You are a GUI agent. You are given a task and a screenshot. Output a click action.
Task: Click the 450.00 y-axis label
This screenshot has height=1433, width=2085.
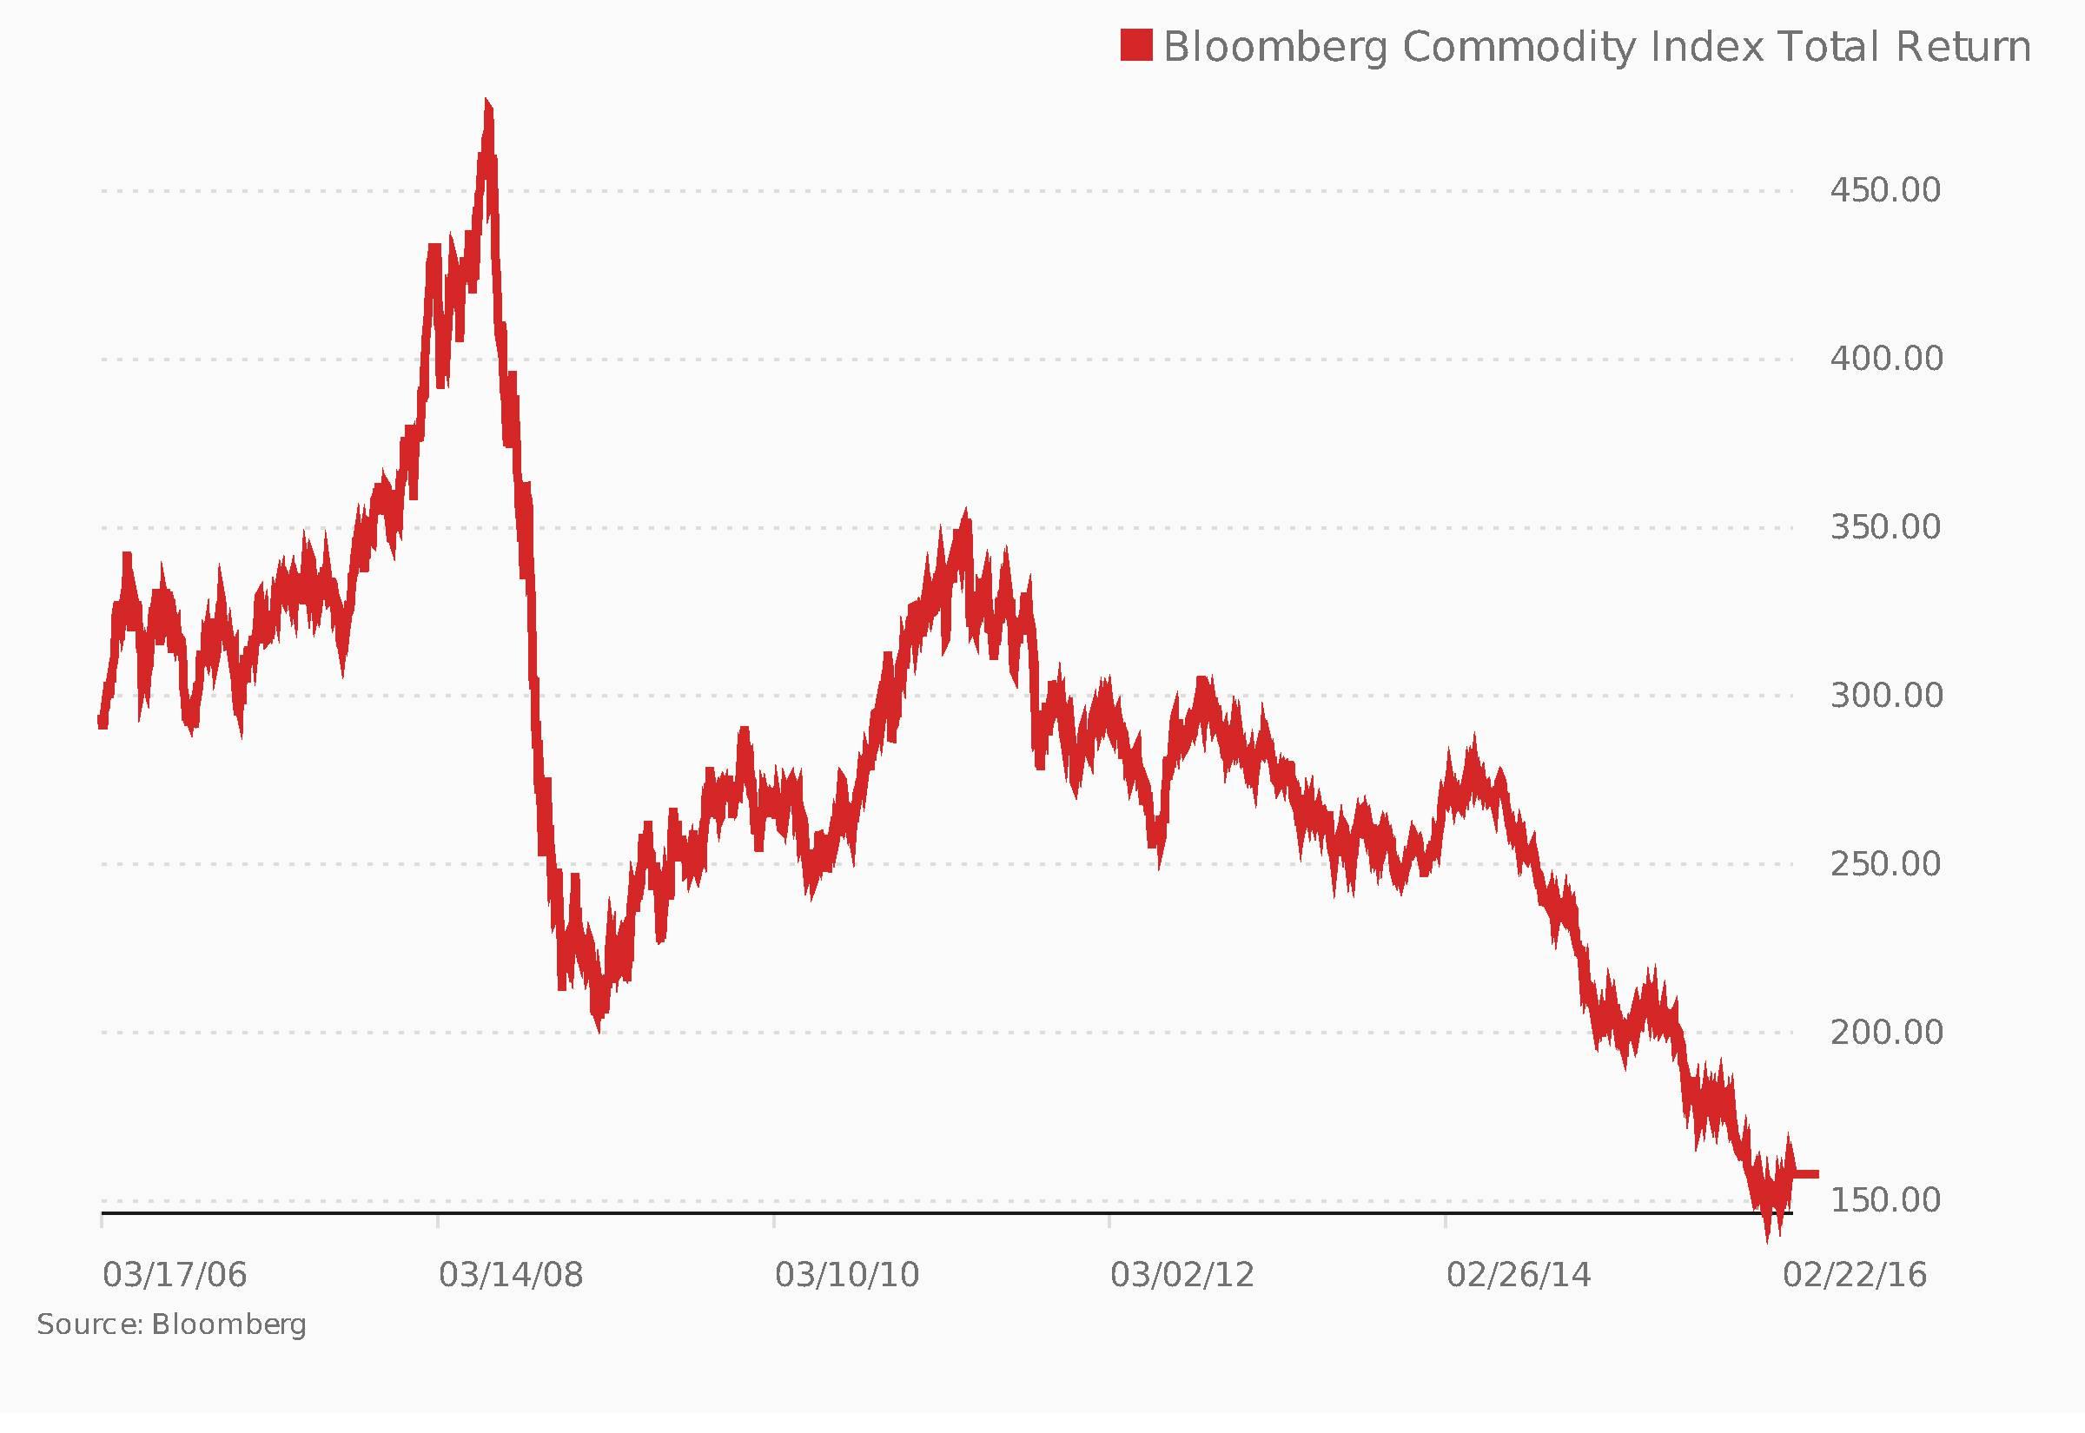point(1885,190)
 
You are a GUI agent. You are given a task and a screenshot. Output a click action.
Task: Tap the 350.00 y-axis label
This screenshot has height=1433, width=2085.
point(1885,527)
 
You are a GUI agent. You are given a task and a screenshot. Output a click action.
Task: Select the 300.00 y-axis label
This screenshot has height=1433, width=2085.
point(1885,695)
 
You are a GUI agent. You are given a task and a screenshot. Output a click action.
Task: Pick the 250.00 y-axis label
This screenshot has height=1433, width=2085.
point(1885,864)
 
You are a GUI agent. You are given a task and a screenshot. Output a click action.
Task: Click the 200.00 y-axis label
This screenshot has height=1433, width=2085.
point(1885,1032)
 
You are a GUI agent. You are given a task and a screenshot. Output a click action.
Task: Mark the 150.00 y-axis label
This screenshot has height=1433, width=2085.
point(1885,1199)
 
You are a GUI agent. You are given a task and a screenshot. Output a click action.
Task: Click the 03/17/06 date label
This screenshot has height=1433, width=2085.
point(175,1275)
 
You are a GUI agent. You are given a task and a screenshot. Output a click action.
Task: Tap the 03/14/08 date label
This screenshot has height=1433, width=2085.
point(510,1275)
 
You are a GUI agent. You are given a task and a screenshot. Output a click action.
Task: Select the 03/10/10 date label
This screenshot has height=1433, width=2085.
point(847,1275)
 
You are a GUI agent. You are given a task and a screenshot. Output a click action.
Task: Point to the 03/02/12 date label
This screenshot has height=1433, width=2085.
point(1181,1275)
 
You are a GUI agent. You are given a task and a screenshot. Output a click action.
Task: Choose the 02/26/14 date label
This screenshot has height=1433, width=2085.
point(1518,1275)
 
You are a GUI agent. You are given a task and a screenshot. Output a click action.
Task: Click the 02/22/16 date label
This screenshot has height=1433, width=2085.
point(1854,1275)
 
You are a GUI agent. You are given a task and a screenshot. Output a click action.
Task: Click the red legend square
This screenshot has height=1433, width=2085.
point(1135,45)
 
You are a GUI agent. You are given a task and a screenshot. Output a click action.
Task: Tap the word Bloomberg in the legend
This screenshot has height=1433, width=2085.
point(1275,47)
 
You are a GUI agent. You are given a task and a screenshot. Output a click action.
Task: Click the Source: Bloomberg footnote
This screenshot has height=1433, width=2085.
point(171,1325)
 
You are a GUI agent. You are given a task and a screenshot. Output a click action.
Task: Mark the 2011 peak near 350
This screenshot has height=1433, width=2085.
point(965,516)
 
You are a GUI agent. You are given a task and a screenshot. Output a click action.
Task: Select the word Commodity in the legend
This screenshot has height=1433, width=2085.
point(1519,47)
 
